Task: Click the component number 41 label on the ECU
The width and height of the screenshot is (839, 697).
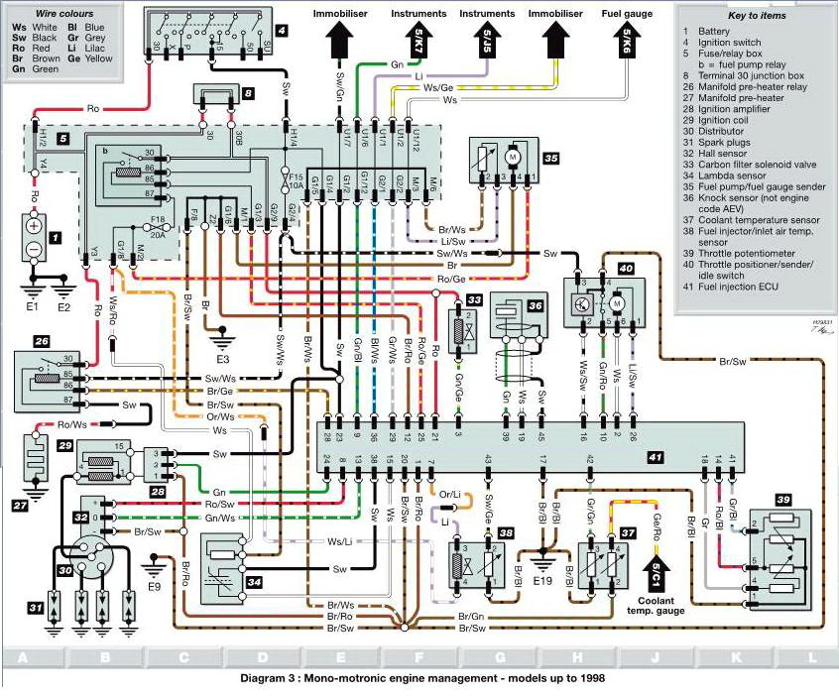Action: coord(653,457)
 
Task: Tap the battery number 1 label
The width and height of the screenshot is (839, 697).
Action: coord(56,238)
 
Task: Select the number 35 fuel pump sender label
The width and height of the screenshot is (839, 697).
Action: coord(551,157)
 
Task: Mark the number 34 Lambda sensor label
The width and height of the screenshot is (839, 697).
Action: coord(254,580)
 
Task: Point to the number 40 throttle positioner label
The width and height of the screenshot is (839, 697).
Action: coord(626,268)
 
